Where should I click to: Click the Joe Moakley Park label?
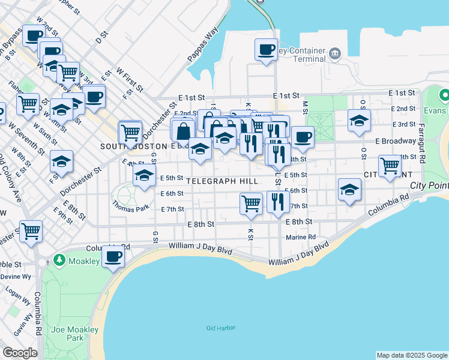pyautogui.click(x=67, y=334)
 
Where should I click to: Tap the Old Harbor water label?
pyautogui.click(x=220, y=328)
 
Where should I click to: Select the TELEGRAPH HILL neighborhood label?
pyautogui.click(x=222, y=181)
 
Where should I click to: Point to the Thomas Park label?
pyautogui.click(x=127, y=203)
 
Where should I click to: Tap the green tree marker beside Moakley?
pyautogui.click(x=59, y=260)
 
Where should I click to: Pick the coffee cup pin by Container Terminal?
pyautogui.click(x=265, y=50)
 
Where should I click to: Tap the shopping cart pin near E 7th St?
pyautogui.click(x=251, y=203)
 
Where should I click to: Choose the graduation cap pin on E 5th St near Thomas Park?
pyautogui.click(x=144, y=176)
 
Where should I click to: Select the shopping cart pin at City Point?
pyautogui.click(x=390, y=165)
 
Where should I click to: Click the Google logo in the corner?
pyautogui.click(x=20, y=353)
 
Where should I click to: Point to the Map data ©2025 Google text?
pyautogui.click(x=411, y=355)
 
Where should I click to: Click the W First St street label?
pyautogui.click(x=130, y=79)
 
